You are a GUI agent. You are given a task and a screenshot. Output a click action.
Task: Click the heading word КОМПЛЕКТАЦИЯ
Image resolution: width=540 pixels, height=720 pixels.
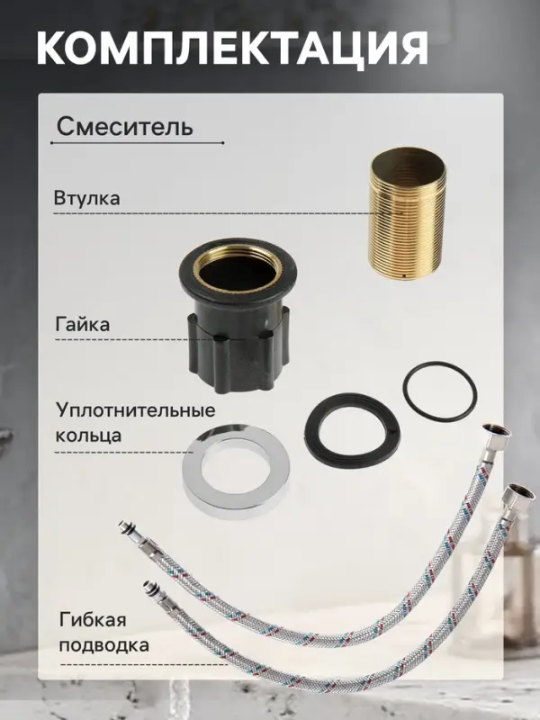coord(232,48)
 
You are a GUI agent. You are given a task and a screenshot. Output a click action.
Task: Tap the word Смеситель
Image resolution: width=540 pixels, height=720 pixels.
coord(124,126)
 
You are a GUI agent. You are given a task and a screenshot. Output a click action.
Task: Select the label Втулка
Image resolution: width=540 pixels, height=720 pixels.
coord(86,197)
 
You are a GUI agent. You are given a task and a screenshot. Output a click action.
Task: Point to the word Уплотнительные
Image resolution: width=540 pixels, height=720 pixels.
coord(136,410)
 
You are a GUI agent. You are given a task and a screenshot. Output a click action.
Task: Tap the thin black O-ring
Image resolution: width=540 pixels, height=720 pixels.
coord(438,389)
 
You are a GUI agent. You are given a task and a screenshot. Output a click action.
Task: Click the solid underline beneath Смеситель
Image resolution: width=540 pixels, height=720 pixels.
coord(134,143)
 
